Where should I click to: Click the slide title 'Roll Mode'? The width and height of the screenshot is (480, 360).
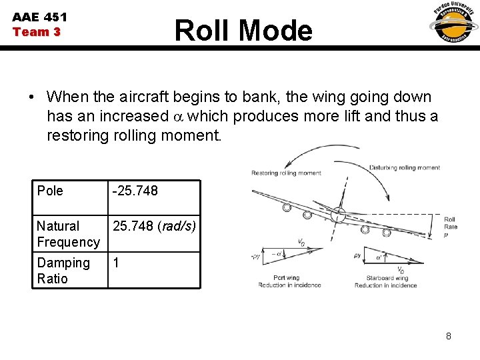(x=243, y=31)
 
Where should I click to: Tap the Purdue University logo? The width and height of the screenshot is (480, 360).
(x=453, y=23)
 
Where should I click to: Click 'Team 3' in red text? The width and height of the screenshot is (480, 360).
(x=37, y=32)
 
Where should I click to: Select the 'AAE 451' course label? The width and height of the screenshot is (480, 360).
(x=39, y=17)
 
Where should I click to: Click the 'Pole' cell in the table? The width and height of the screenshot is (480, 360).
(x=50, y=191)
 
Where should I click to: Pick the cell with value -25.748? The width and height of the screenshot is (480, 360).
(x=135, y=191)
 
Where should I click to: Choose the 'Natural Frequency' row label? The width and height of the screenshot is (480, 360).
(x=67, y=234)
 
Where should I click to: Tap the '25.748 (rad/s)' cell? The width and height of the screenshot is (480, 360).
(x=154, y=226)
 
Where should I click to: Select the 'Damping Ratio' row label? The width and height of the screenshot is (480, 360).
(x=63, y=271)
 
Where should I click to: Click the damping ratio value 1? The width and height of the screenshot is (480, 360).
(x=116, y=263)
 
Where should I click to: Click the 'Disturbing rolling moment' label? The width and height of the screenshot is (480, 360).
(x=404, y=168)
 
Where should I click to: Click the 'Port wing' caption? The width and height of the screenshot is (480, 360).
(x=287, y=277)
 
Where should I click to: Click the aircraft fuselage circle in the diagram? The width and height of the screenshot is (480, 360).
(x=338, y=215)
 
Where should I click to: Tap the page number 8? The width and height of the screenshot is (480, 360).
(x=449, y=336)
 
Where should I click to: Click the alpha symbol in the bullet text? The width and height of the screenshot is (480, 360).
(x=177, y=117)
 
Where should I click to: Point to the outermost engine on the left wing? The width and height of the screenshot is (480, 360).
(x=287, y=207)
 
